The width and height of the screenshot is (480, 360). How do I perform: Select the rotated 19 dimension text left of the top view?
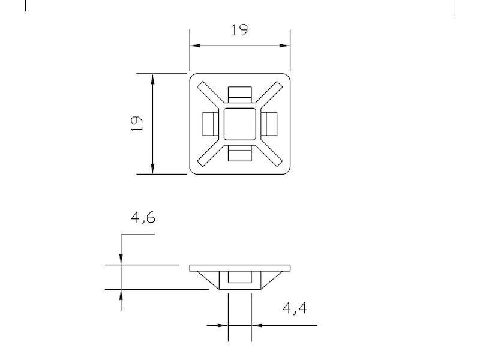coord(137,124)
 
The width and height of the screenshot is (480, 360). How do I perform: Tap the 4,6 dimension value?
coord(143,217)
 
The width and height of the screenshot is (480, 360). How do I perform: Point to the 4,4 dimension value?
coord(295,308)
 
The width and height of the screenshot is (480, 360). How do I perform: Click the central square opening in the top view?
coord(240,124)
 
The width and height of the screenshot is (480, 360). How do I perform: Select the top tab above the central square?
coord(240,94)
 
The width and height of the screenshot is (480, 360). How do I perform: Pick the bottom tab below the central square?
coord(240,155)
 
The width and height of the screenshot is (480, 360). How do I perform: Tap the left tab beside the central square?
coord(210,124)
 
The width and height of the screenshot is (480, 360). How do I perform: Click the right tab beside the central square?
coord(270,124)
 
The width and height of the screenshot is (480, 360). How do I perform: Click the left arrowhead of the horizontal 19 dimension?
coord(194,46)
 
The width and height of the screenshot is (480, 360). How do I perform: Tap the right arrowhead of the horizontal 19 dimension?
coord(286,46)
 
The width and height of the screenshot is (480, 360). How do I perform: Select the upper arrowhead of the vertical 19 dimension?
coord(153,79)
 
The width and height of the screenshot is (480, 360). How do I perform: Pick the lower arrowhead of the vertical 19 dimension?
coord(153,169)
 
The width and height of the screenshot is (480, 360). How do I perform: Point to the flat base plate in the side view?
coord(240,268)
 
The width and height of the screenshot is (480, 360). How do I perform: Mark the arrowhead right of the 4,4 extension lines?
coord(257,326)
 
